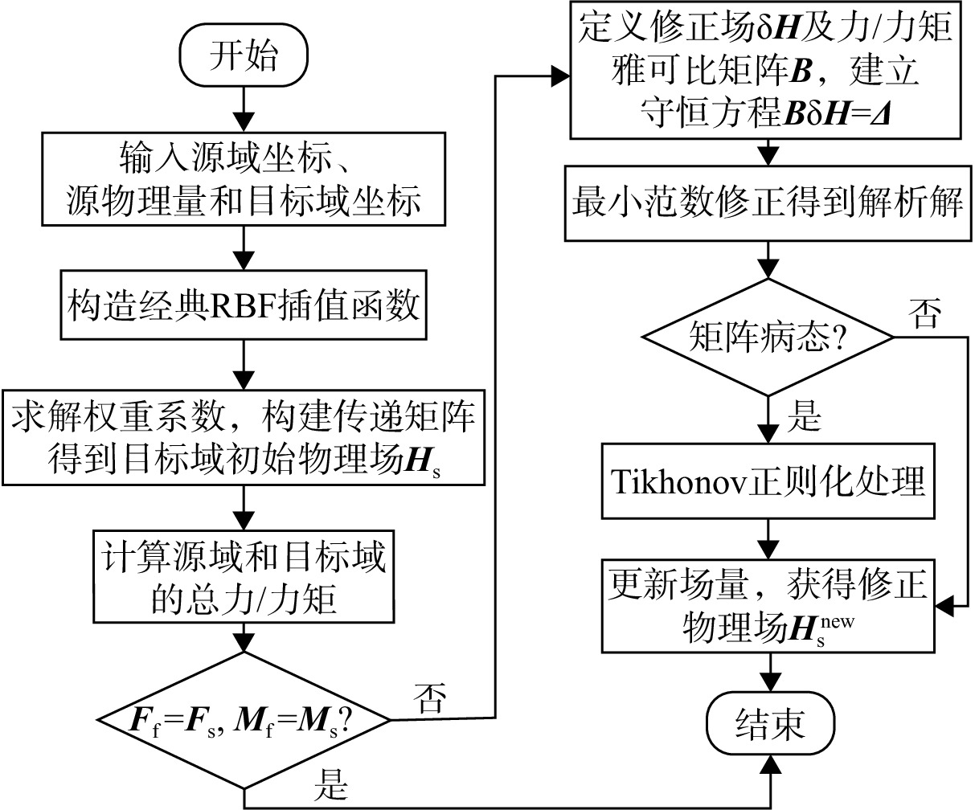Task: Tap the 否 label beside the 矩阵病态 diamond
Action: [924, 313]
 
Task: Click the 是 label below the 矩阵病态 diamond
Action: [804, 415]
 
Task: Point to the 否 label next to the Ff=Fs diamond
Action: [429, 697]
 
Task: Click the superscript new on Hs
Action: [838, 622]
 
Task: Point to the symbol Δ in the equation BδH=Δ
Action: [879, 113]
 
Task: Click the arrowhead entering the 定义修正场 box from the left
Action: [560, 76]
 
